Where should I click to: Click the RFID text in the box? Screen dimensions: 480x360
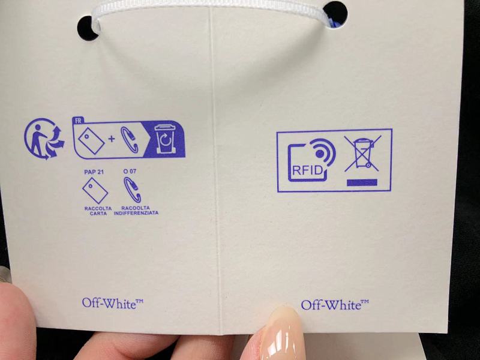pos(307,170)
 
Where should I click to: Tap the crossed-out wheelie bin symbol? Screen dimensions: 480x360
pos(363,153)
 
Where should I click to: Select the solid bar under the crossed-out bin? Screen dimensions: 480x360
pos(362,182)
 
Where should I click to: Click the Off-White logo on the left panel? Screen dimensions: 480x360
pos(113,304)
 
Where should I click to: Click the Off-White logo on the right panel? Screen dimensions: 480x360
pos(335,305)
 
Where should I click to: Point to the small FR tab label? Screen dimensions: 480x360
pos(78,121)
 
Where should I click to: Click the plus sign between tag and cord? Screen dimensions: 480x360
pos(112,139)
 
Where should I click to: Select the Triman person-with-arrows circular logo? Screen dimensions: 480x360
pos(44,139)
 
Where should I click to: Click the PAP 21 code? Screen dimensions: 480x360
pos(94,172)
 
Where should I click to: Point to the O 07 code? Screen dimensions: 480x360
pos(130,172)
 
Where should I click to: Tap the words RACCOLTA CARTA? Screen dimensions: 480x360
pos(98,211)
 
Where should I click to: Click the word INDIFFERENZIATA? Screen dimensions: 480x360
pos(136,213)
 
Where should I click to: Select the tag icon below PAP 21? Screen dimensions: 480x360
pos(95,191)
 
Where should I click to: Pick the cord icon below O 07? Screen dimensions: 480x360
pos(132,190)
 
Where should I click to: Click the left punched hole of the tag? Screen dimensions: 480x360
pos(88,28)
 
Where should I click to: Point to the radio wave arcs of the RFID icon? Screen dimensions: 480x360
pos(324,152)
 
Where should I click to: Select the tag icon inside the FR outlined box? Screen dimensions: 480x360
pos(91,140)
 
